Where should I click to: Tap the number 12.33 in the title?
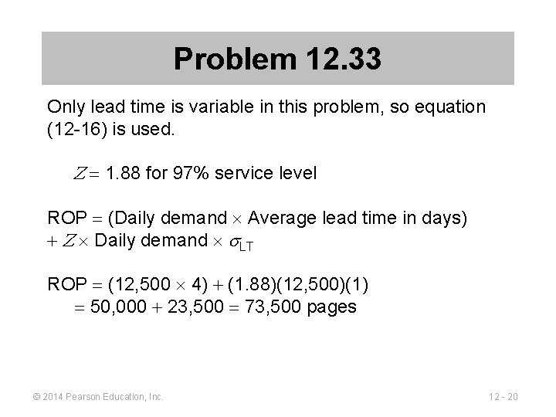tap(343, 59)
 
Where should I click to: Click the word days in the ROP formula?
tap(447, 218)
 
